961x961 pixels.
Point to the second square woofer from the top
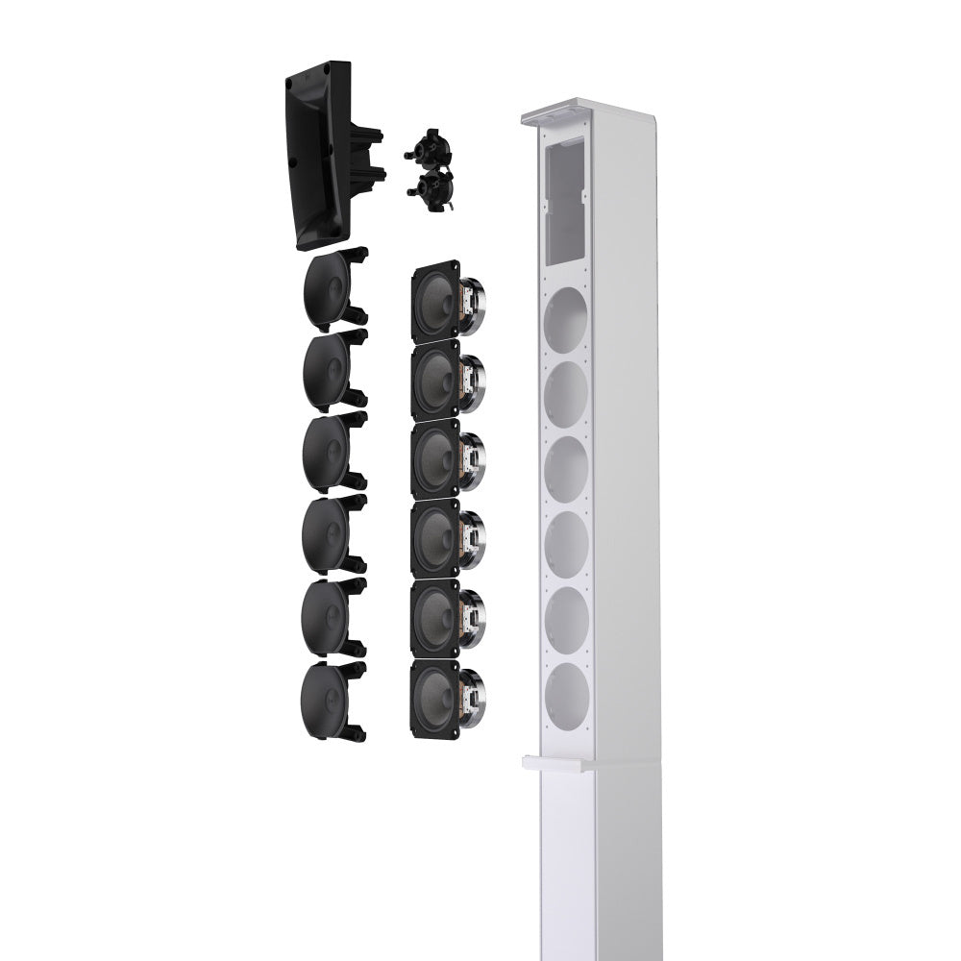[438, 382]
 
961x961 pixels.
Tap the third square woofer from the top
[438, 460]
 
